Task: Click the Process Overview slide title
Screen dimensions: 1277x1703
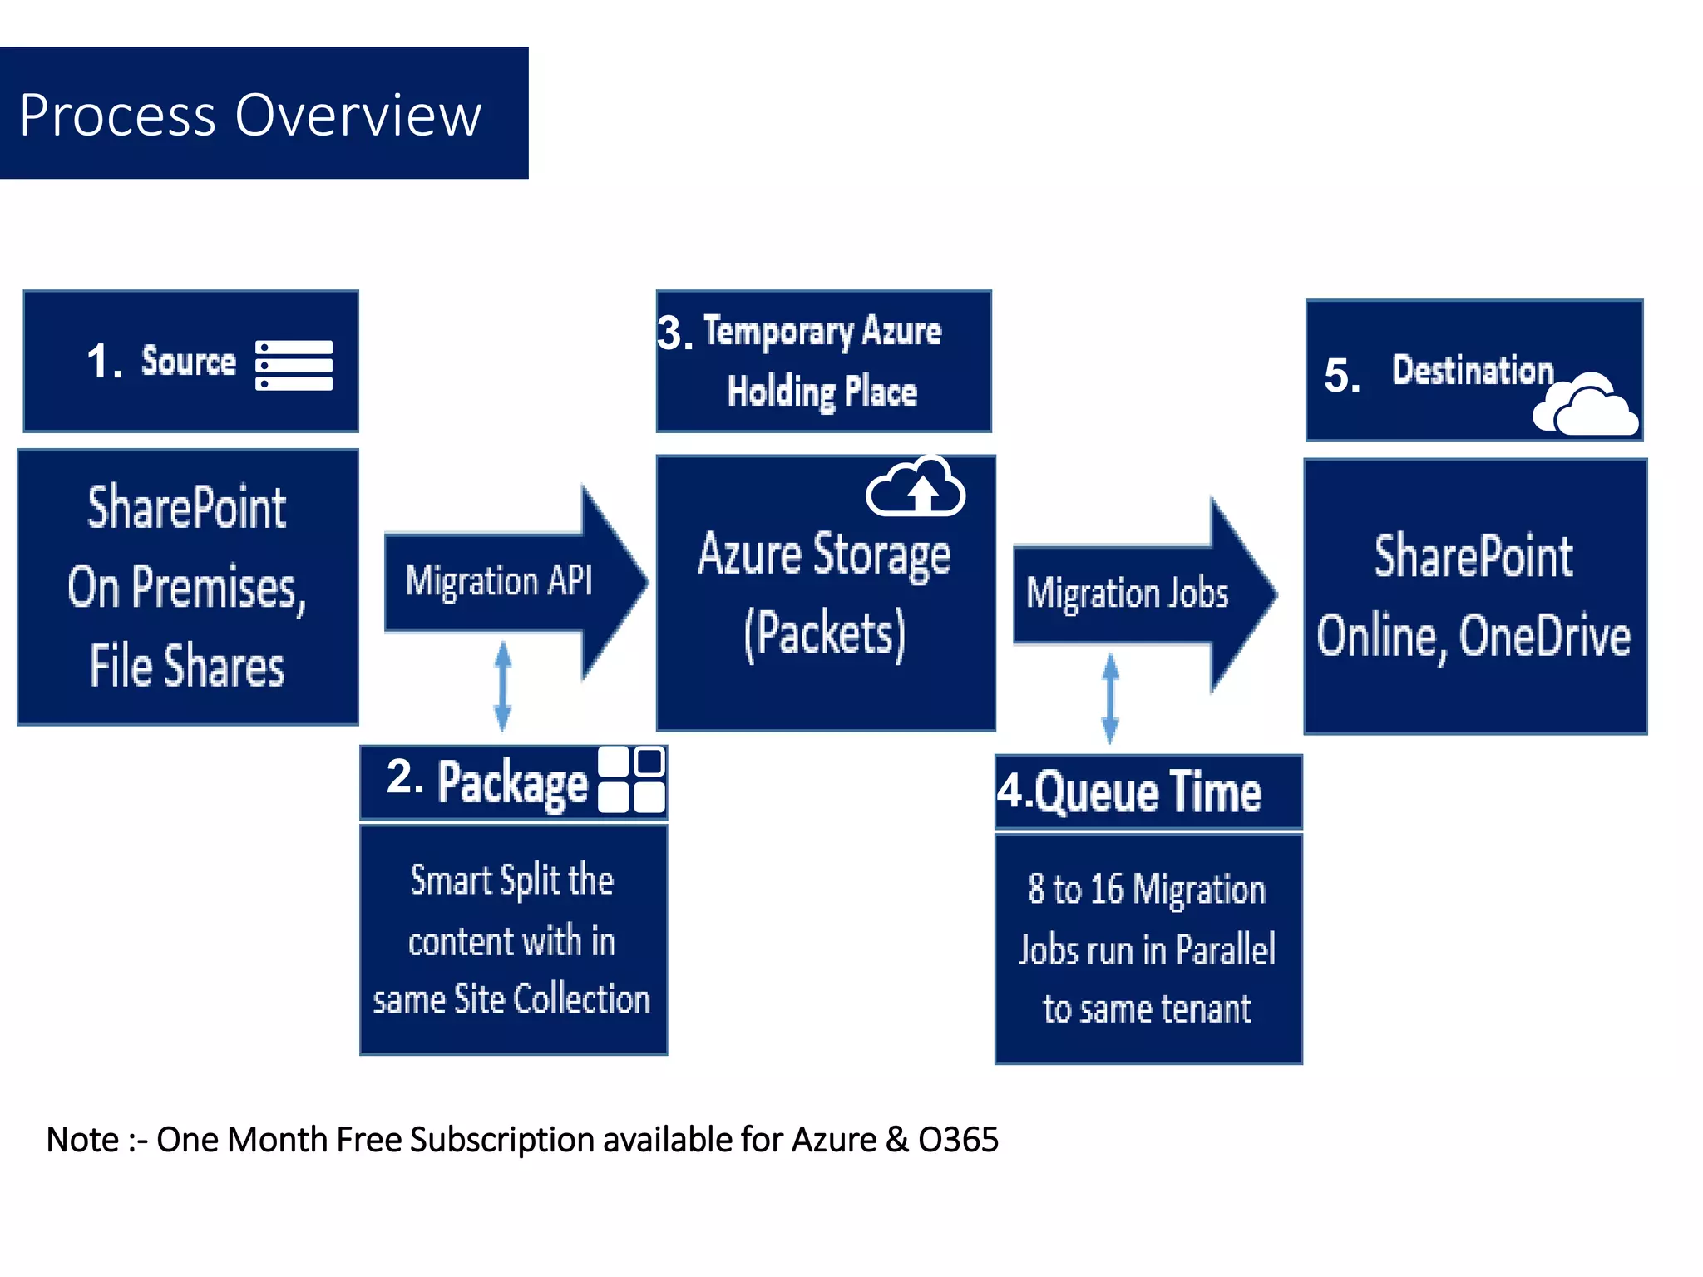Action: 250,115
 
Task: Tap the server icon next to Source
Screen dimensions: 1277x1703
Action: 294,365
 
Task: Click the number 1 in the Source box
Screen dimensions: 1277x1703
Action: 101,362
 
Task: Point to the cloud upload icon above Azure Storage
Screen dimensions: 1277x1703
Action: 916,489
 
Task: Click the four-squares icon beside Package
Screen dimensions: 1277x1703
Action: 631,780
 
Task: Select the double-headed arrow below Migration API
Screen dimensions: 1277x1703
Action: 502,686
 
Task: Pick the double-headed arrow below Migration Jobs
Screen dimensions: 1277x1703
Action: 1110,698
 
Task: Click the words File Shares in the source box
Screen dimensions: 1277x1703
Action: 187,666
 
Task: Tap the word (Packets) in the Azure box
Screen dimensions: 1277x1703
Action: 824,634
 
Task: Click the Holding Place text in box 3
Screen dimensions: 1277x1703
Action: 822,391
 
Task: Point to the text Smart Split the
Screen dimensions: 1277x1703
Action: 511,880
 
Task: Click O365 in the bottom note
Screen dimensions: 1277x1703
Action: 958,1140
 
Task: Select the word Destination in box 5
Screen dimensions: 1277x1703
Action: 1472,370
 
